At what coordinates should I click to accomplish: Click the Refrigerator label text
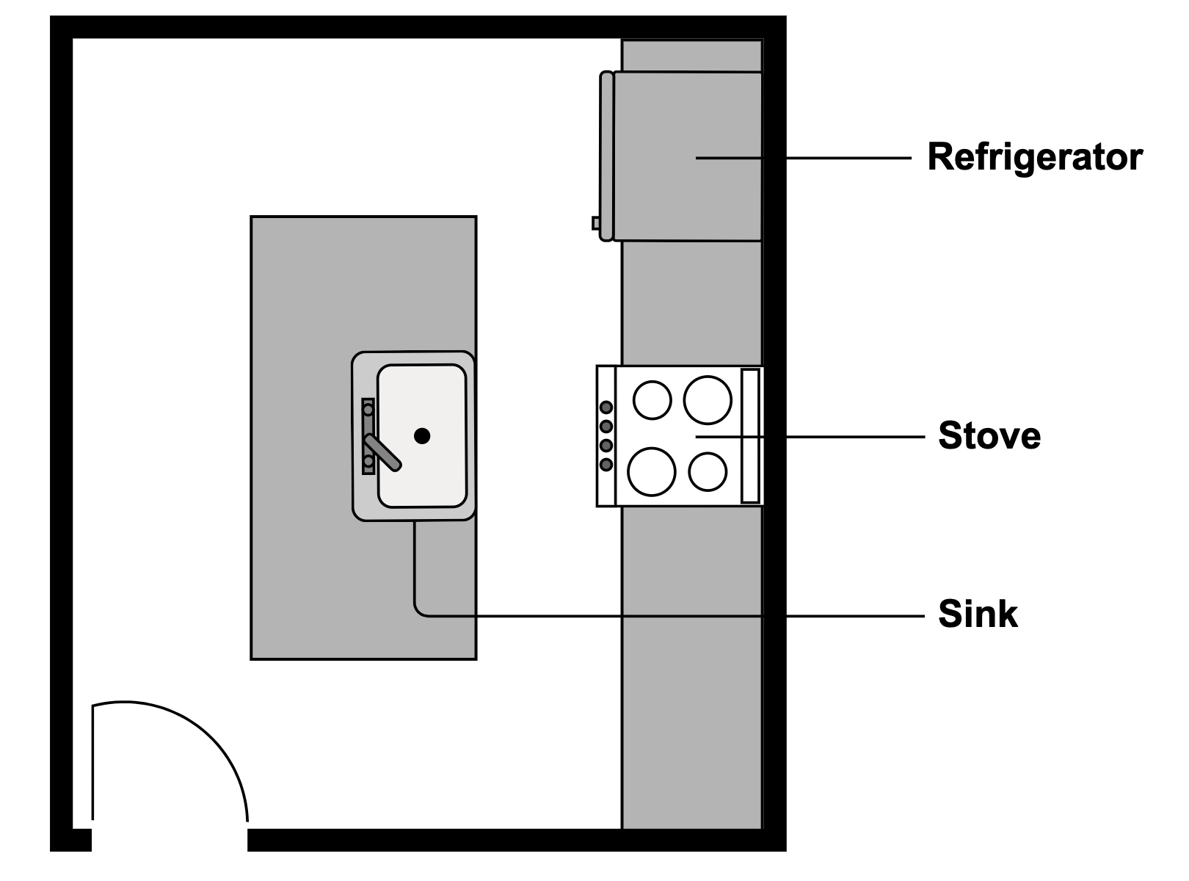point(1035,157)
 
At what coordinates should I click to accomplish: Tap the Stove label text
point(989,435)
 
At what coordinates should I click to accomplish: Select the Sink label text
point(978,614)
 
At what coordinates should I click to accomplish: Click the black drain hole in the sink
point(422,436)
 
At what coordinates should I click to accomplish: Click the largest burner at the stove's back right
point(708,400)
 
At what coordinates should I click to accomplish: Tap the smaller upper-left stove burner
point(652,401)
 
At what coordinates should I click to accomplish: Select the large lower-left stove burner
point(651,471)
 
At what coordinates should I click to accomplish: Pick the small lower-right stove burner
point(708,471)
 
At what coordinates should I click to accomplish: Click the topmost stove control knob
point(606,407)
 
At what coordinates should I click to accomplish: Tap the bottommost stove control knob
point(606,464)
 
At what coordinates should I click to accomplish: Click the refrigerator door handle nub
point(596,222)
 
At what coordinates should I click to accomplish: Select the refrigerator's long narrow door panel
point(606,156)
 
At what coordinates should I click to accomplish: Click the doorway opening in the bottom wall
point(170,839)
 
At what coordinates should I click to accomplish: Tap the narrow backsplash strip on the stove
point(749,436)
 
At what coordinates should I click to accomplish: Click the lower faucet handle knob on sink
point(368,462)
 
